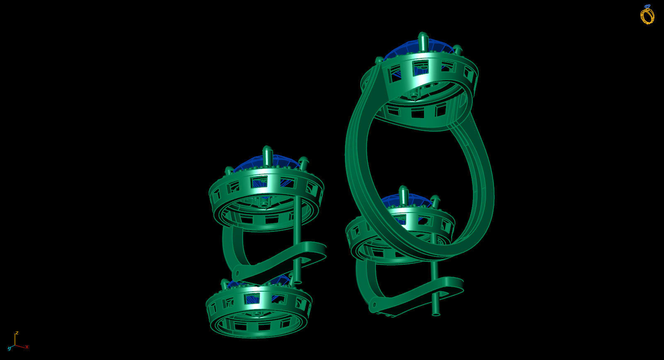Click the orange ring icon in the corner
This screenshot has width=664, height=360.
(x=647, y=15)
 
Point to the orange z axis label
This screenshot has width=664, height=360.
(x=17, y=333)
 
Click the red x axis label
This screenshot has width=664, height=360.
(x=27, y=347)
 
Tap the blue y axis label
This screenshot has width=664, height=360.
(x=9, y=348)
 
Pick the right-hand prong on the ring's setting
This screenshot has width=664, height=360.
(x=458, y=50)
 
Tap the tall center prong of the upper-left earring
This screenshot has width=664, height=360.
(x=267, y=155)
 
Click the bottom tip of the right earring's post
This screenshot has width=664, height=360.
(x=436, y=314)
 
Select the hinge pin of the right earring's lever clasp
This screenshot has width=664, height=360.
(x=373, y=306)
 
